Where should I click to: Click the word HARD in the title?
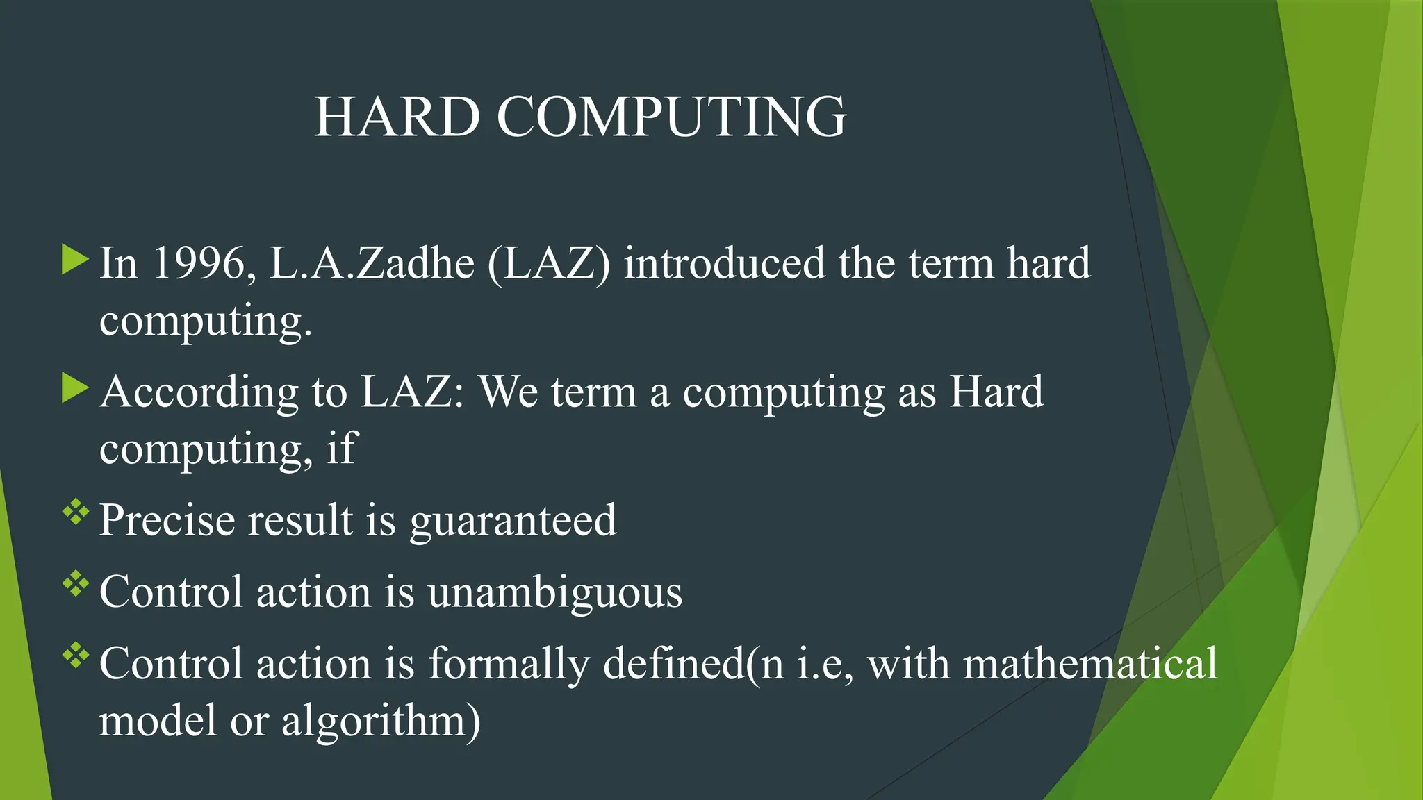pos(397,117)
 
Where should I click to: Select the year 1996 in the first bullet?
pos(198,263)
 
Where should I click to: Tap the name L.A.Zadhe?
pos(372,263)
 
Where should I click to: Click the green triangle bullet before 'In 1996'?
pos(75,259)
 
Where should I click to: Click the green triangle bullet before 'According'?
pos(75,387)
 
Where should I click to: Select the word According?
pos(199,392)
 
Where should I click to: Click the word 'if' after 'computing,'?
pos(341,448)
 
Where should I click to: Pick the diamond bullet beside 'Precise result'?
pos(76,513)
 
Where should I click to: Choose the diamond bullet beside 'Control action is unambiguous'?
pos(76,585)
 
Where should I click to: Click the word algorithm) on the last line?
pos(381,722)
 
